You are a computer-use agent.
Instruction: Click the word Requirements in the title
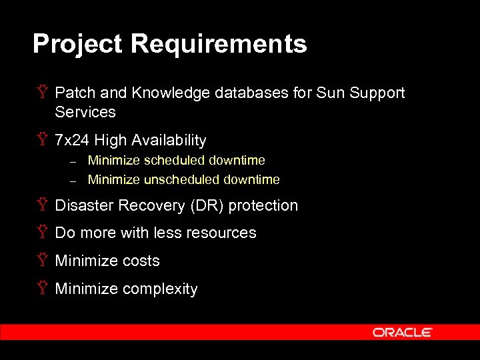tap(219, 45)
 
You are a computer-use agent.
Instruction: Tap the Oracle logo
tap(403, 332)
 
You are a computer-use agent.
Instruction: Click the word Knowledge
tap(172, 93)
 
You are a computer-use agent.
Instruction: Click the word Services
tap(85, 112)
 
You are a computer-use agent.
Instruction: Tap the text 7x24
tap(72, 141)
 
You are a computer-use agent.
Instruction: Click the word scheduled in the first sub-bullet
tap(174, 161)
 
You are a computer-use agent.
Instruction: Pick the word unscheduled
tap(181, 180)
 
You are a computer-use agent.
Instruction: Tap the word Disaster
tap(84, 205)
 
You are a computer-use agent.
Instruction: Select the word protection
tap(263, 205)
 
